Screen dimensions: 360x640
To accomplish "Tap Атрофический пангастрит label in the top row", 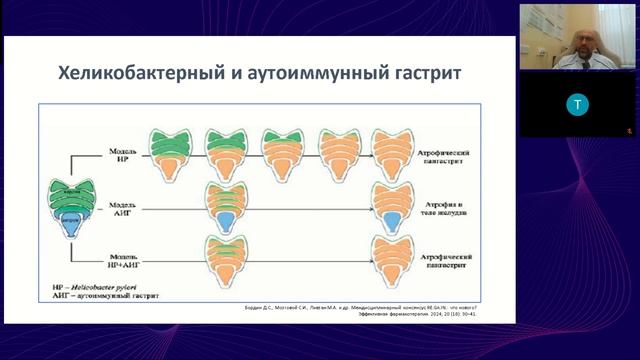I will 456,153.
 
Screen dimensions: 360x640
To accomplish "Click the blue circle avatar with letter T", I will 577,104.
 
